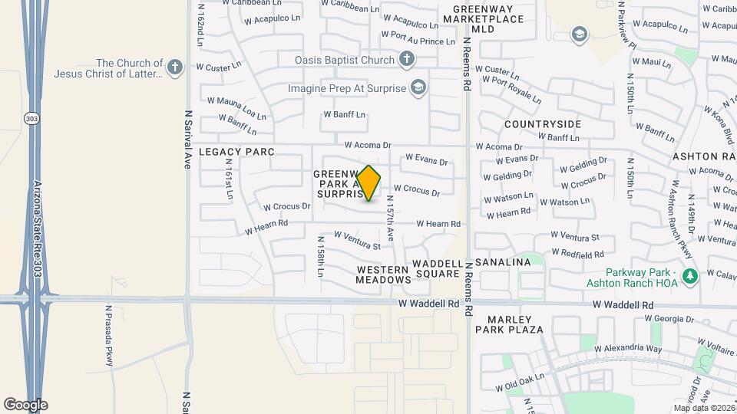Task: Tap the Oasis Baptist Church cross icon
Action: click(407, 59)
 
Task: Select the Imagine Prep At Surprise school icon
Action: click(418, 88)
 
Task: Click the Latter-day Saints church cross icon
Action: click(175, 67)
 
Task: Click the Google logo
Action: click(25, 404)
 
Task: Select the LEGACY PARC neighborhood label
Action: click(236, 152)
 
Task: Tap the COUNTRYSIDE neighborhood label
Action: click(543, 123)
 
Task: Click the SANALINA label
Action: click(503, 262)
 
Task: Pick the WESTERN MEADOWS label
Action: click(383, 274)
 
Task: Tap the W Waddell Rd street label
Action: click(428, 304)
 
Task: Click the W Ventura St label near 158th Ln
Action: click(357, 241)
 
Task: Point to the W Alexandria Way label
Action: click(628, 348)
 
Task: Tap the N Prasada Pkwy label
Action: click(109, 335)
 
